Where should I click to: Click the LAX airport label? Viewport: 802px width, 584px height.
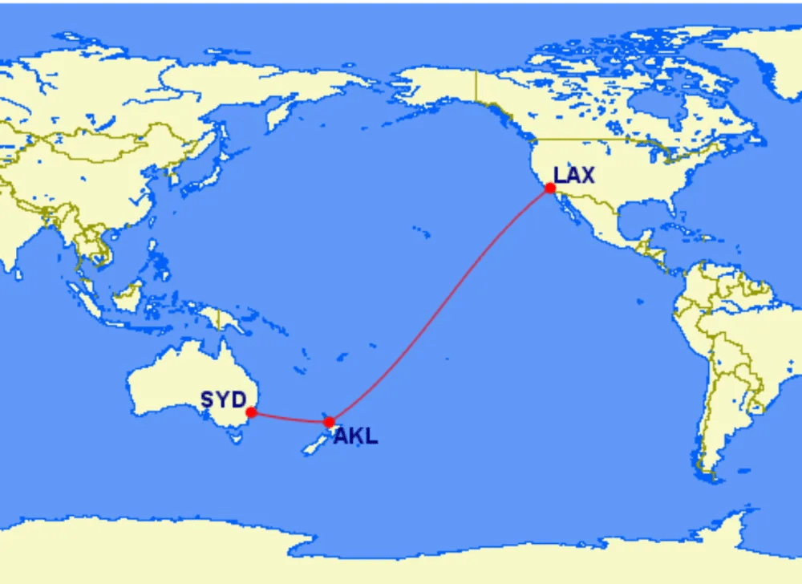pyautogui.click(x=574, y=174)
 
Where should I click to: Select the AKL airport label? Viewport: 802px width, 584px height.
pyautogui.click(x=355, y=437)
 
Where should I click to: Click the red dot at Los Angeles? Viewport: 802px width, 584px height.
pyautogui.click(x=550, y=189)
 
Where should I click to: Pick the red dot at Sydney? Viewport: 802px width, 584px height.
pyautogui.click(x=251, y=412)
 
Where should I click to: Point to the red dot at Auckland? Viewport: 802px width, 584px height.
pyautogui.click(x=329, y=422)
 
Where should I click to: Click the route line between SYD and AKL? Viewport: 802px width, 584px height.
pyautogui.click(x=289, y=419)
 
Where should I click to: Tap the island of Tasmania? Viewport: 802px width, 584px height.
pyautogui.click(x=235, y=436)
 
